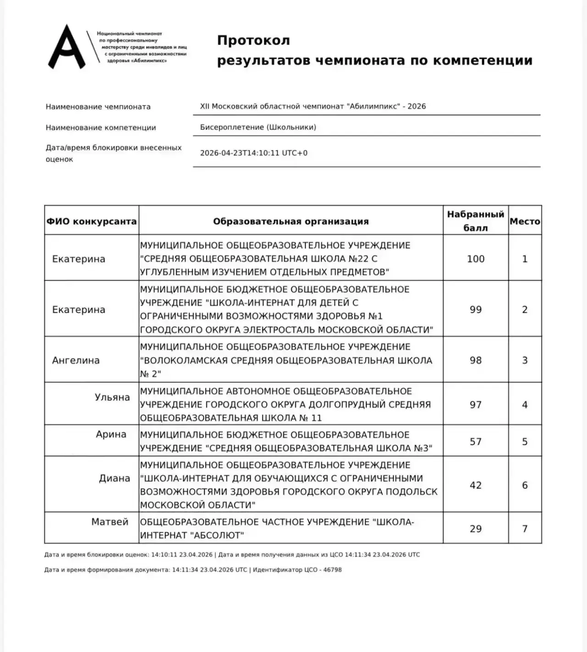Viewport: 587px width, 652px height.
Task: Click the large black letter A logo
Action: click(67, 47)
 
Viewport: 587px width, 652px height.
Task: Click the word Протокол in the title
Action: click(253, 40)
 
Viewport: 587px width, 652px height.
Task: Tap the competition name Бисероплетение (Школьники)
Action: click(258, 127)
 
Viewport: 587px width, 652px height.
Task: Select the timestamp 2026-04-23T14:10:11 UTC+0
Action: click(254, 153)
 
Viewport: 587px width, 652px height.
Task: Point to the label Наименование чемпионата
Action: click(98, 107)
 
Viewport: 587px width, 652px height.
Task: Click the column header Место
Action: click(525, 221)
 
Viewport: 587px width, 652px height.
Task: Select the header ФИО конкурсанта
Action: click(91, 221)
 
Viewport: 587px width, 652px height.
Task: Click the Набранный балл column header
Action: click(476, 221)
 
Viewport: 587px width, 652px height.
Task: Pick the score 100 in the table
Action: click(476, 259)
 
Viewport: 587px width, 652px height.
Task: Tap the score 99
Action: click(476, 310)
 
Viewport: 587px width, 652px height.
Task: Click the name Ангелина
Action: click(76, 360)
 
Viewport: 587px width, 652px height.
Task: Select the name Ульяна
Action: click(112, 397)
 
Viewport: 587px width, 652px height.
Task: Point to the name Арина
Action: click(111, 434)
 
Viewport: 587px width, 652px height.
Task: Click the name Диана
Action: click(115, 478)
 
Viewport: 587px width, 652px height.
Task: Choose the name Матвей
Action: click(110, 522)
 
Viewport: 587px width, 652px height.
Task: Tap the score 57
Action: click(476, 442)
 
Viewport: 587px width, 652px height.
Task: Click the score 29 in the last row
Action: click(476, 529)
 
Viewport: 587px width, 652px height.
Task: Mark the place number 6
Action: click(525, 485)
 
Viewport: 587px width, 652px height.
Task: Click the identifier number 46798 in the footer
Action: click(332, 570)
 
